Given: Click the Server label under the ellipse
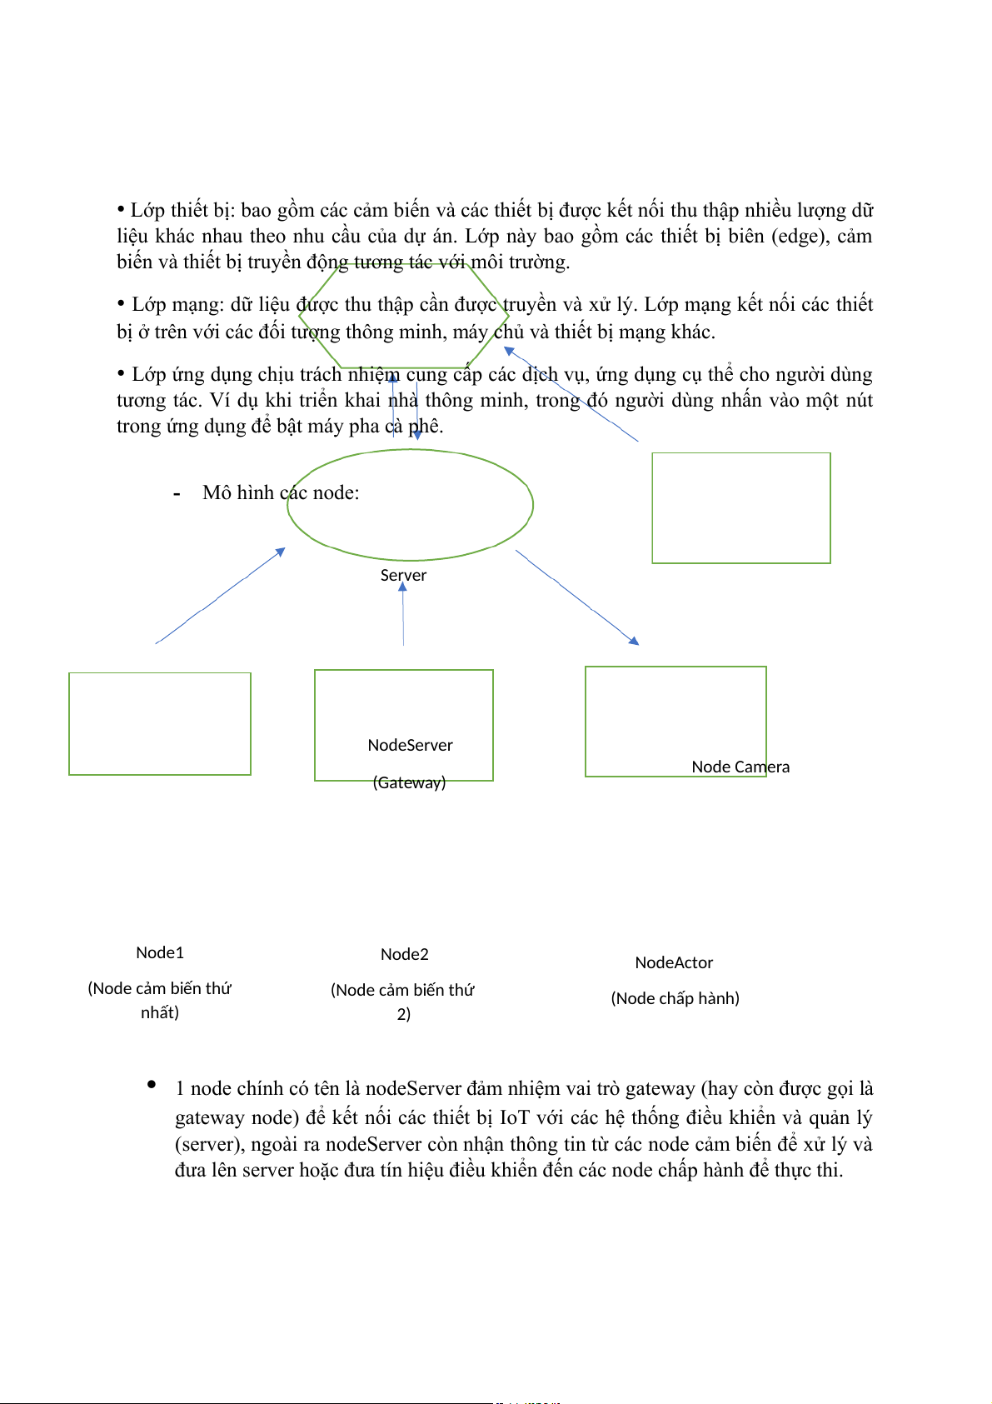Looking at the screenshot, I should point(403,575).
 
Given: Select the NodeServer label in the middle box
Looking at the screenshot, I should point(410,745).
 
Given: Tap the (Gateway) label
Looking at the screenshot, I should point(409,782).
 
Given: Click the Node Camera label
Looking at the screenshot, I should point(740,767).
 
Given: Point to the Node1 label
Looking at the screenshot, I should point(160,952).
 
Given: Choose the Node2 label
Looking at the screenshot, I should point(405,954).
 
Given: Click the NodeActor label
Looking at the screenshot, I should point(674,962).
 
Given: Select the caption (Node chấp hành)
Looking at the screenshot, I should point(675,998).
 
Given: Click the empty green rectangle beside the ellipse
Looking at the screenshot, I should point(740,507).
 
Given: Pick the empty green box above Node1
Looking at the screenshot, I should point(160,723).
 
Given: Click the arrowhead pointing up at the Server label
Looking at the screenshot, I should point(402,587).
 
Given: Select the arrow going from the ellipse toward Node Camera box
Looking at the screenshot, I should point(576,597).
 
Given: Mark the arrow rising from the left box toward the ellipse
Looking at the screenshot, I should point(220,596).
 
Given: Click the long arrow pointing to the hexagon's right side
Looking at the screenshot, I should point(571,393).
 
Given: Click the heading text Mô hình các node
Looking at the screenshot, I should point(281,492).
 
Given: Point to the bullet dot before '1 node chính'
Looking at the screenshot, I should point(152,1084).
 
